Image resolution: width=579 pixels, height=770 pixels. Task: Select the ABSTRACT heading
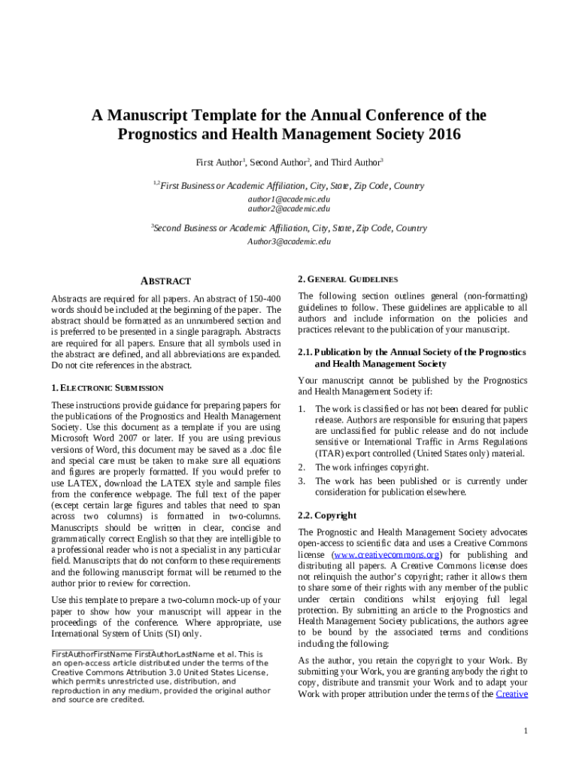pyautogui.click(x=166, y=280)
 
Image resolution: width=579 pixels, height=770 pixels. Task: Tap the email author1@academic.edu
pyautogui.click(x=289, y=199)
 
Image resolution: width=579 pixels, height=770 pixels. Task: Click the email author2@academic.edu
pyautogui.click(x=289, y=208)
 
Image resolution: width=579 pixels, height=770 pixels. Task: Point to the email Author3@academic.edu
pyautogui.click(x=289, y=241)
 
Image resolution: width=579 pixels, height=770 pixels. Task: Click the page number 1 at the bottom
pyautogui.click(x=526, y=732)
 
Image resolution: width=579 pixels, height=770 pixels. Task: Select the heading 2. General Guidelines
pyautogui.click(x=347, y=278)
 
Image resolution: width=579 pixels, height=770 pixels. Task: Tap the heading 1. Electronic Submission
pyautogui.click(x=107, y=388)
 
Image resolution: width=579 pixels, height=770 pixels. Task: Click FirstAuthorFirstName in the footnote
pyautogui.click(x=92, y=654)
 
